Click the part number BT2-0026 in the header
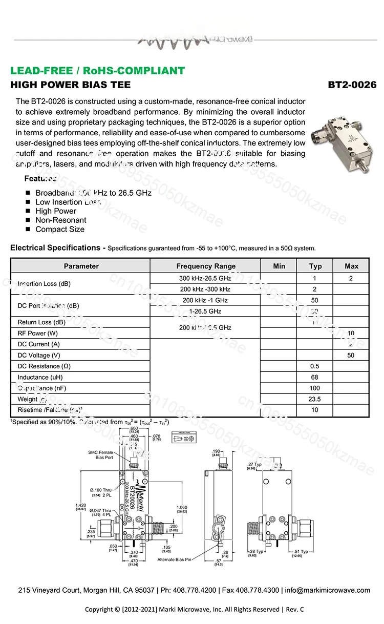point(352,85)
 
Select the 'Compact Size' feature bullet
point(59,229)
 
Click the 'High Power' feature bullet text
point(55,211)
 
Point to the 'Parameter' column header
point(81,266)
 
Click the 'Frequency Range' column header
point(206,266)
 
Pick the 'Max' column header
point(351,266)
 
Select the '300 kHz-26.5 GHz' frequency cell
point(205,278)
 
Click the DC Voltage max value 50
point(351,355)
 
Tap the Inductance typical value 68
point(315,377)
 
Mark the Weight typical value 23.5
point(315,399)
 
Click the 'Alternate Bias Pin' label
point(174,560)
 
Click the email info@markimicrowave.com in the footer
point(327,590)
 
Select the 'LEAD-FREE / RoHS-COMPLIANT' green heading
point(98,71)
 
